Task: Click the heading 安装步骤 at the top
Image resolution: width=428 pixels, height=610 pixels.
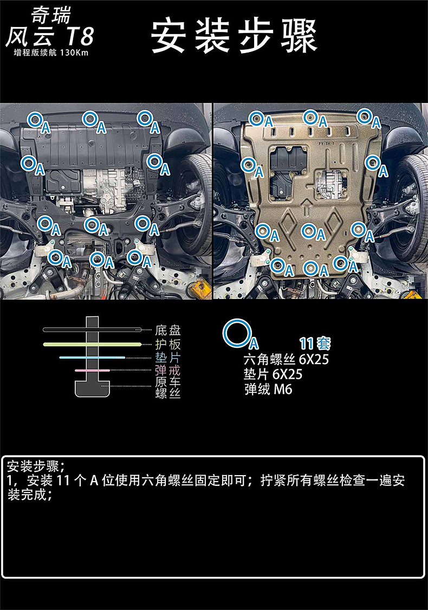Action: (x=234, y=36)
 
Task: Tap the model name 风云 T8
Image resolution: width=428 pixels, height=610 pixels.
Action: (x=49, y=37)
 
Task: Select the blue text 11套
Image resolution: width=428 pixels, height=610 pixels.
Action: (x=315, y=343)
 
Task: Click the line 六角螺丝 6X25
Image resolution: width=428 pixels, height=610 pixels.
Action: (x=286, y=360)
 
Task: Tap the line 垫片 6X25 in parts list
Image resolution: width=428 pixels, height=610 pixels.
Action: (x=273, y=374)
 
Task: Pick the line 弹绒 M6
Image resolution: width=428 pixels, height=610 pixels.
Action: (x=268, y=389)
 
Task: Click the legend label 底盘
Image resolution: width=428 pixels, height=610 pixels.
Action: (x=167, y=330)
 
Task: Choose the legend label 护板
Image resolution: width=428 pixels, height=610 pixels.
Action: (x=167, y=344)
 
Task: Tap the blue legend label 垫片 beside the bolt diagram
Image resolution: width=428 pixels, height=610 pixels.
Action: (x=167, y=357)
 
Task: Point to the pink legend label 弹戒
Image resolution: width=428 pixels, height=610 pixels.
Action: (x=167, y=371)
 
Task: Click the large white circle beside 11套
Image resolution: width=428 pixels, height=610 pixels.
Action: (x=237, y=334)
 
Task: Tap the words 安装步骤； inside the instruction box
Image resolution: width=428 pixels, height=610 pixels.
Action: (x=36, y=466)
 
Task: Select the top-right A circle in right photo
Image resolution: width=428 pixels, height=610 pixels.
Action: (x=365, y=115)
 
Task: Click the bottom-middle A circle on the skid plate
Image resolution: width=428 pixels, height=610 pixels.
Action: (x=310, y=267)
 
